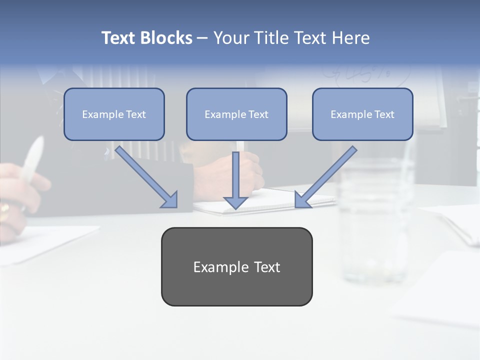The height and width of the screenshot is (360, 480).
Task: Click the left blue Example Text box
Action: (114, 114)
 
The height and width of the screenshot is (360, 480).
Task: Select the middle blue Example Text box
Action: (236, 114)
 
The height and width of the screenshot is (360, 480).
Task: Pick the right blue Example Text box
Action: (362, 114)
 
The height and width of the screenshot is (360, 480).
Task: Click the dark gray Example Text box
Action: (236, 267)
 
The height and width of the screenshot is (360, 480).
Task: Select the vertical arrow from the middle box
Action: (235, 175)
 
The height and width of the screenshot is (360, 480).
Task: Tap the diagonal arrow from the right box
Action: (327, 175)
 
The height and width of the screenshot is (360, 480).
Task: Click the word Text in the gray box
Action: (267, 267)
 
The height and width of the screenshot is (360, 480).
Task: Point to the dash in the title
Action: (202, 38)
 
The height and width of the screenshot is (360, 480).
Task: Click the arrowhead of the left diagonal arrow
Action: (170, 200)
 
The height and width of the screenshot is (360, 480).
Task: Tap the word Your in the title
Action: (231, 38)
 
